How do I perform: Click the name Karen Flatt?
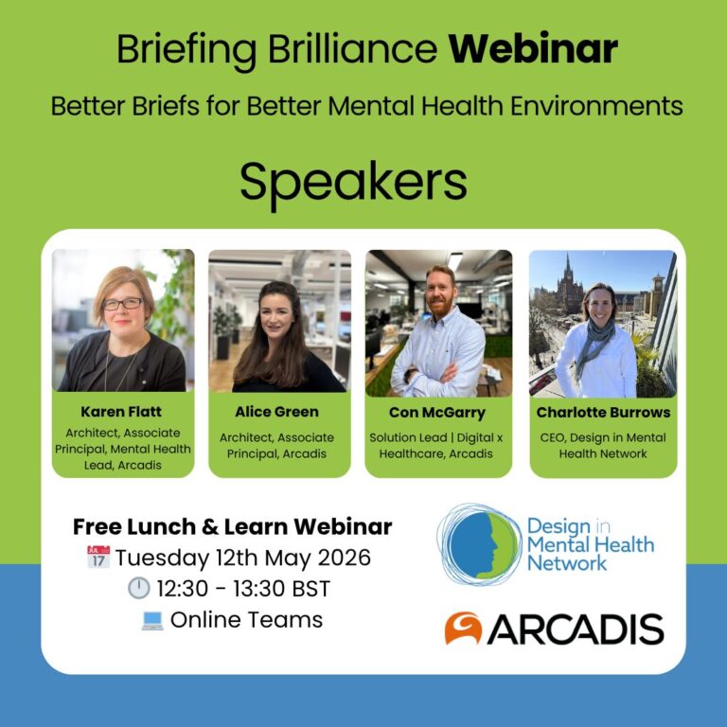pyautogui.click(x=123, y=413)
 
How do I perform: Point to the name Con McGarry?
pyautogui.click(x=438, y=413)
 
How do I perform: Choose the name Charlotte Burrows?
pyautogui.click(x=603, y=413)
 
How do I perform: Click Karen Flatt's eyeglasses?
pyautogui.click(x=123, y=304)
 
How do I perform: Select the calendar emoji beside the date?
pyautogui.click(x=98, y=557)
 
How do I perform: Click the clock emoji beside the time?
pyautogui.click(x=139, y=589)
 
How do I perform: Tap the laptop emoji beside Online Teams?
pyautogui.click(x=150, y=621)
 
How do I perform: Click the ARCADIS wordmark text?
pyautogui.click(x=575, y=629)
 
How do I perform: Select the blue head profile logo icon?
pyautogui.click(x=479, y=543)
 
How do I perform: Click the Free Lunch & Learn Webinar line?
pyautogui.click(x=232, y=526)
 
